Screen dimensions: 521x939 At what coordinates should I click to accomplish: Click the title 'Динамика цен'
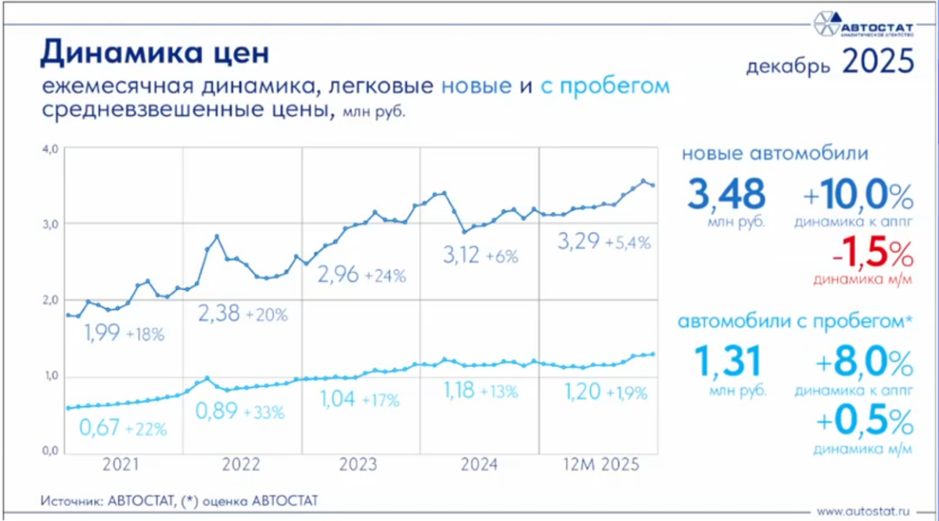(x=154, y=52)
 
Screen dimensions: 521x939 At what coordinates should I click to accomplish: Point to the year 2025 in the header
(x=878, y=61)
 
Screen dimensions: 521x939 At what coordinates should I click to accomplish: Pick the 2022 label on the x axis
(x=241, y=465)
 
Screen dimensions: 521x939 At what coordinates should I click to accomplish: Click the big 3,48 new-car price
(x=725, y=195)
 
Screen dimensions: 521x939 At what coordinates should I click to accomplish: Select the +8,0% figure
(x=864, y=364)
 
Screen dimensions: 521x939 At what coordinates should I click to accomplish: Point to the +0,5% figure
(x=864, y=423)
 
